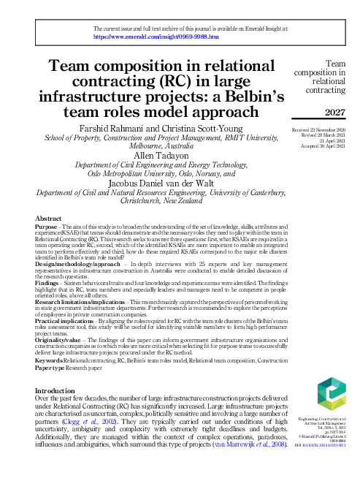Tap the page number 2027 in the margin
coord(333,112)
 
